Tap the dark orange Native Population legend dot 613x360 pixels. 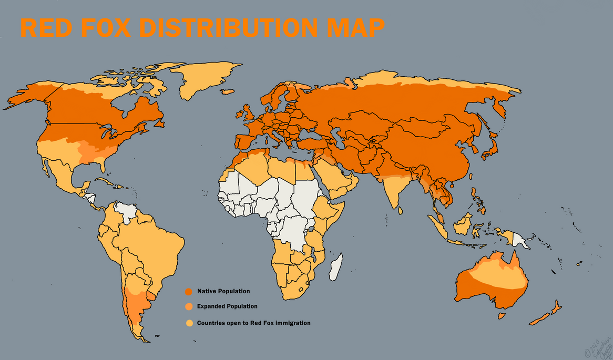point(188,292)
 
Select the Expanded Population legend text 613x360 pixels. point(227,306)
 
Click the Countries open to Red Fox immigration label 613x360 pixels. point(253,323)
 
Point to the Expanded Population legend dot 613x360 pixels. point(188,307)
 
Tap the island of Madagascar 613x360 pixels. point(336,266)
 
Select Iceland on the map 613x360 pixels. point(227,92)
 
